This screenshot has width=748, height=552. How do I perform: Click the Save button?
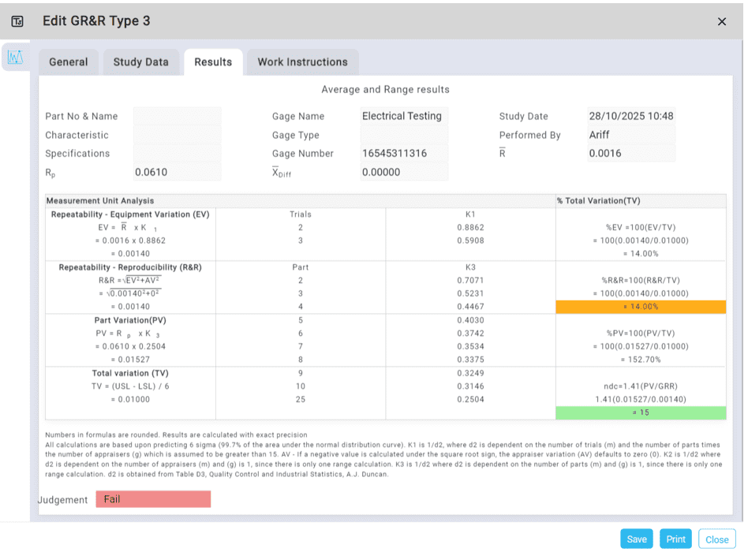point(637,539)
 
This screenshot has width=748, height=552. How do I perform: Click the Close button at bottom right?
point(716,539)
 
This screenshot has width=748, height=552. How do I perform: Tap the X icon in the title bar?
point(722,21)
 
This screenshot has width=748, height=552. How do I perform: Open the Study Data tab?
point(140,62)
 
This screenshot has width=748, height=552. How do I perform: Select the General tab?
point(68,62)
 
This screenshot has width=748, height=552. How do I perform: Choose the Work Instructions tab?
point(302,62)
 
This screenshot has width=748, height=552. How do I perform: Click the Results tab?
point(213,62)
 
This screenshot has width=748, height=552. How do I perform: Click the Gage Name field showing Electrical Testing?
point(404,116)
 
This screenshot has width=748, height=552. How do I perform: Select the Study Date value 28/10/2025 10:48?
point(631,116)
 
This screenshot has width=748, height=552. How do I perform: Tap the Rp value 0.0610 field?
point(177,172)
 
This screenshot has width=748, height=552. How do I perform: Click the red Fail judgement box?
point(153,499)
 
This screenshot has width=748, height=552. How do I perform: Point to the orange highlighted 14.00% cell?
point(641,307)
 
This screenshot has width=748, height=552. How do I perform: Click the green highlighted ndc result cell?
point(641,412)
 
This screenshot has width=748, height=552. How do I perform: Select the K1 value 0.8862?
point(470,227)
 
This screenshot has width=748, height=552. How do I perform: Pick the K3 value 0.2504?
point(470,400)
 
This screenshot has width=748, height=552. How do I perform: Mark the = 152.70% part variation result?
point(641,360)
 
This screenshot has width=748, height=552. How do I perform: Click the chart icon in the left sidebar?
point(15,58)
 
